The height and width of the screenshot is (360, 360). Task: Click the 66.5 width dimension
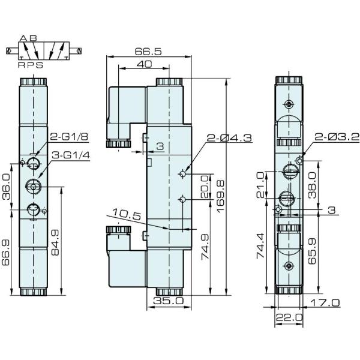click(x=149, y=52)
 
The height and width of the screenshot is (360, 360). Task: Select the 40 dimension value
click(x=144, y=64)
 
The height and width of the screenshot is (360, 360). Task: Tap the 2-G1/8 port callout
click(x=68, y=136)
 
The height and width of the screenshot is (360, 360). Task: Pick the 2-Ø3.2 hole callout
click(x=333, y=137)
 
